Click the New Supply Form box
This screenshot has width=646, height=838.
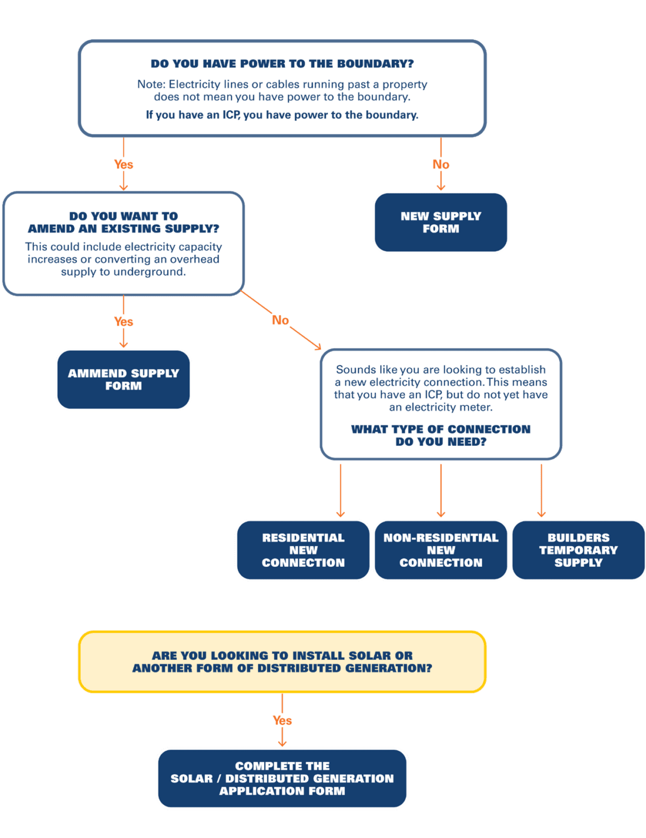click(441, 222)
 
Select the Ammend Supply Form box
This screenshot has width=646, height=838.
click(123, 379)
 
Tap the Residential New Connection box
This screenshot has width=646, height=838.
click(303, 550)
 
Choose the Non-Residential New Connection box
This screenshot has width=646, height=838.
click(441, 550)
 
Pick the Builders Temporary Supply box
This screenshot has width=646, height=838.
click(578, 550)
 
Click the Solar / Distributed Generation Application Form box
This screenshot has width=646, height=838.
click(282, 778)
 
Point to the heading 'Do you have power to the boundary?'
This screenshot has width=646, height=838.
click(282, 64)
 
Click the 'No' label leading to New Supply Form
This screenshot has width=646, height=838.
click(441, 164)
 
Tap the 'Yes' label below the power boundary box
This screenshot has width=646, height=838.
click(123, 164)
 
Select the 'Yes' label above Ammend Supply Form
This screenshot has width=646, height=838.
click(123, 321)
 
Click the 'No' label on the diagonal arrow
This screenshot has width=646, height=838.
click(280, 320)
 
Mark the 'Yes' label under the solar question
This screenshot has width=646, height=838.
click(282, 720)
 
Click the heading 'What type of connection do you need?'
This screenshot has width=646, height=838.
click(441, 435)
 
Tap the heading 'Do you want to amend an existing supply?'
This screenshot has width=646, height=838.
click(123, 222)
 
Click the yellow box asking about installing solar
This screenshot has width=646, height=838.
click(282, 661)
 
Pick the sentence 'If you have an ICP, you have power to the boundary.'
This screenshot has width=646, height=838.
click(282, 115)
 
